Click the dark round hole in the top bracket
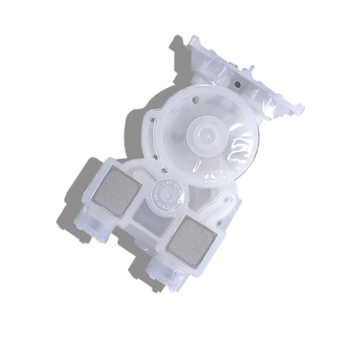point(236,83)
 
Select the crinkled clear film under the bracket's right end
point(273,115)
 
